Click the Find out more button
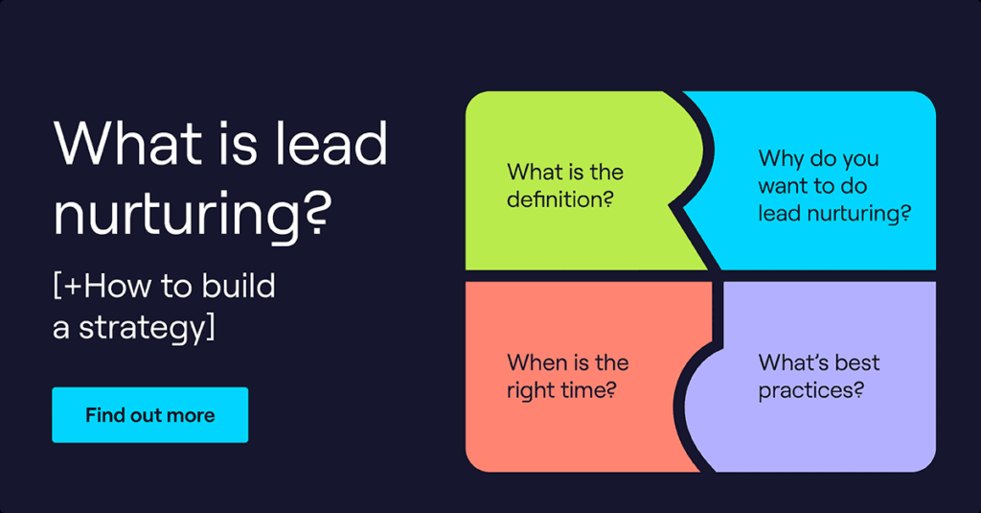149,415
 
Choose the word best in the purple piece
853,362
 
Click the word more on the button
194,415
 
